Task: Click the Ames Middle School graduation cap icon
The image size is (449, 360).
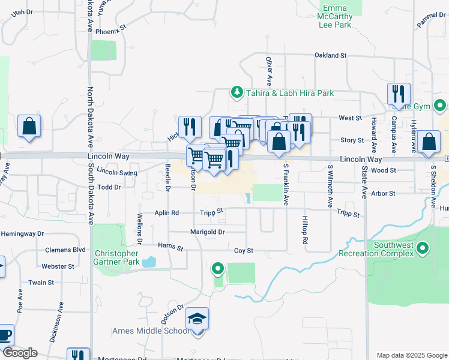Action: [x=197, y=320]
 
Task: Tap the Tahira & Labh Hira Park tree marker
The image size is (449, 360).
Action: [x=237, y=92]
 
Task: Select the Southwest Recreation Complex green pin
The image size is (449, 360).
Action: [x=423, y=248]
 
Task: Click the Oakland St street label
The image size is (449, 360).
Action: [x=331, y=55]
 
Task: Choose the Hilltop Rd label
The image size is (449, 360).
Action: [x=305, y=230]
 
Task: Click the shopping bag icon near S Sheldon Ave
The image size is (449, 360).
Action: [x=429, y=143]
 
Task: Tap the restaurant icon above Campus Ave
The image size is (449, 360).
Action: [x=399, y=94]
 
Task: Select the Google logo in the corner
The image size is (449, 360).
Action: [x=19, y=353]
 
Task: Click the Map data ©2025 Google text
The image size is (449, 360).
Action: [x=411, y=355]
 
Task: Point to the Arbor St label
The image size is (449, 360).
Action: [x=383, y=194]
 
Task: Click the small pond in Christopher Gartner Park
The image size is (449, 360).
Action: [x=148, y=262]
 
